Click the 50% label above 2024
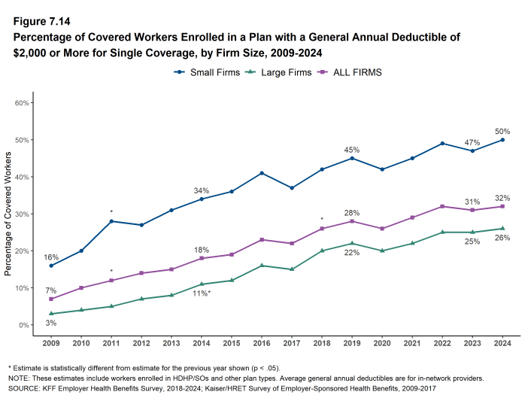pos(502,131)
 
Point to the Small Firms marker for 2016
pos(261,173)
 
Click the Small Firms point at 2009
pos(51,266)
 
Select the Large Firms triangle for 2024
pos(502,229)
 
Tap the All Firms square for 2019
pos(351,221)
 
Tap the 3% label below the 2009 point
pos(51,323)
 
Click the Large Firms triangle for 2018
pos(321,251)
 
